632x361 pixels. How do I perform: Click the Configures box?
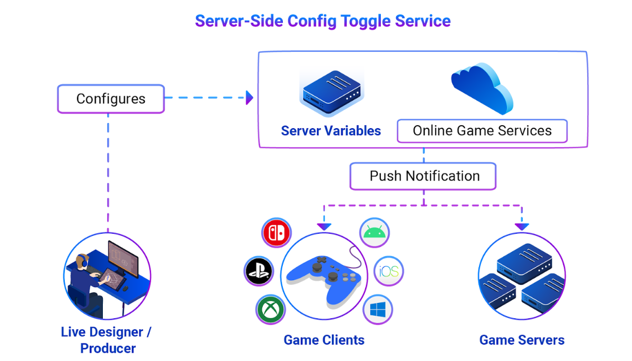click(x=111, y=99)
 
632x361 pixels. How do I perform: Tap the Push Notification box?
click(x=423, y=176)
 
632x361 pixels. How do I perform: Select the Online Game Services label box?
click(x=482, y=131)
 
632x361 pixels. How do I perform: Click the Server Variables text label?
click(x=331, y=131)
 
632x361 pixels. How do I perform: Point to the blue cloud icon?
click(x=482, y=87)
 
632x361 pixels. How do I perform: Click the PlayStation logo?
click(x=258, y=271)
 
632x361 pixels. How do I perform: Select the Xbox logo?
click(x=271, y=309)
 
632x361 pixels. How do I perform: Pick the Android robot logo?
click(x=375, y=232)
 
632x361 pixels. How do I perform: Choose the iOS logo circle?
click(x=389, y=272)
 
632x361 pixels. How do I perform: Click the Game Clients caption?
click(x=324, y=340)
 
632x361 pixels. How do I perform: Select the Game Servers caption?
click(x=522, y=340)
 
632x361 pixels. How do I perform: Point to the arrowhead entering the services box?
click(x=250, y=98)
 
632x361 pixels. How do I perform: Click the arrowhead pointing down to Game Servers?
click(x=522, y=226)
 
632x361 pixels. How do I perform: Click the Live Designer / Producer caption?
click(x=108, y=340)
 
